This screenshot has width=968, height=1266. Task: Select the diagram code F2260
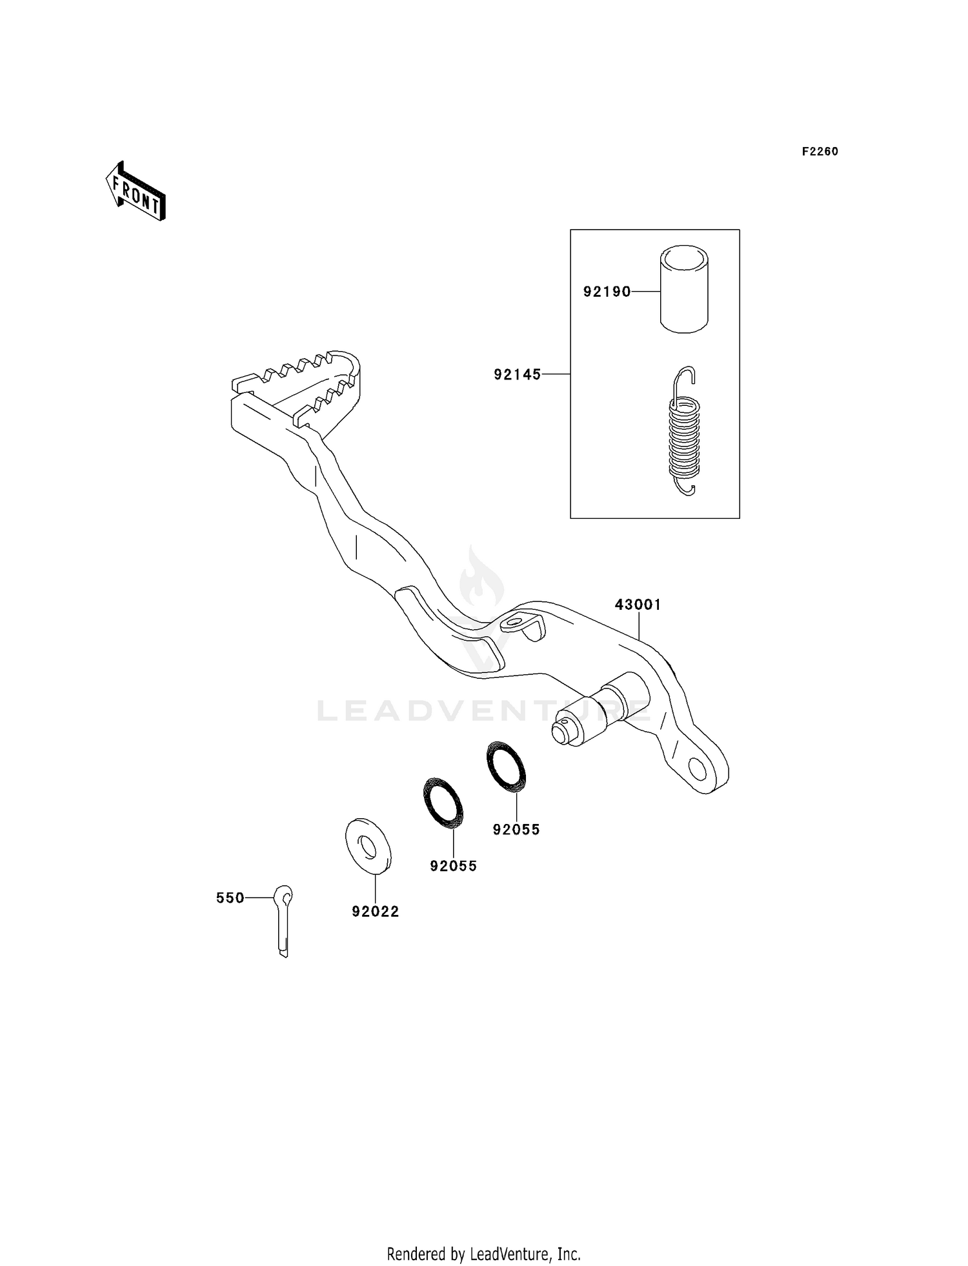pos(820,152)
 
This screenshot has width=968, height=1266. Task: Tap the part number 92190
pos(607,292)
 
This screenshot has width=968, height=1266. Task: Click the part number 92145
pos(517,374)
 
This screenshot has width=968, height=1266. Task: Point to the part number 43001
pos(638,605)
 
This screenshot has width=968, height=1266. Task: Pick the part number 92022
pos(375,911)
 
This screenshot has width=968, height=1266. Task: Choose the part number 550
pos(230,898)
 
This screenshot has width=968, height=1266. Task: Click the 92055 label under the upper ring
pos(516,830)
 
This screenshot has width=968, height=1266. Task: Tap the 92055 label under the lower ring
pos(453,866)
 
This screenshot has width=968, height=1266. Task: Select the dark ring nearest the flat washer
pos(443,802)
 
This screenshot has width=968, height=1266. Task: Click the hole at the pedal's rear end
pos(697,769)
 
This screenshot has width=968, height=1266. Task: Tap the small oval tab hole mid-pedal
pos(514,623)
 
